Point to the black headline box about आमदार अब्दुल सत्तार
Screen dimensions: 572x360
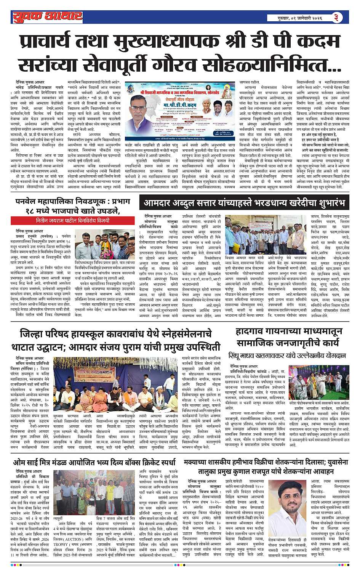coord(244,202)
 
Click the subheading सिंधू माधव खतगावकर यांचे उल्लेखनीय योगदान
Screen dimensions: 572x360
coord(287,356)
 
